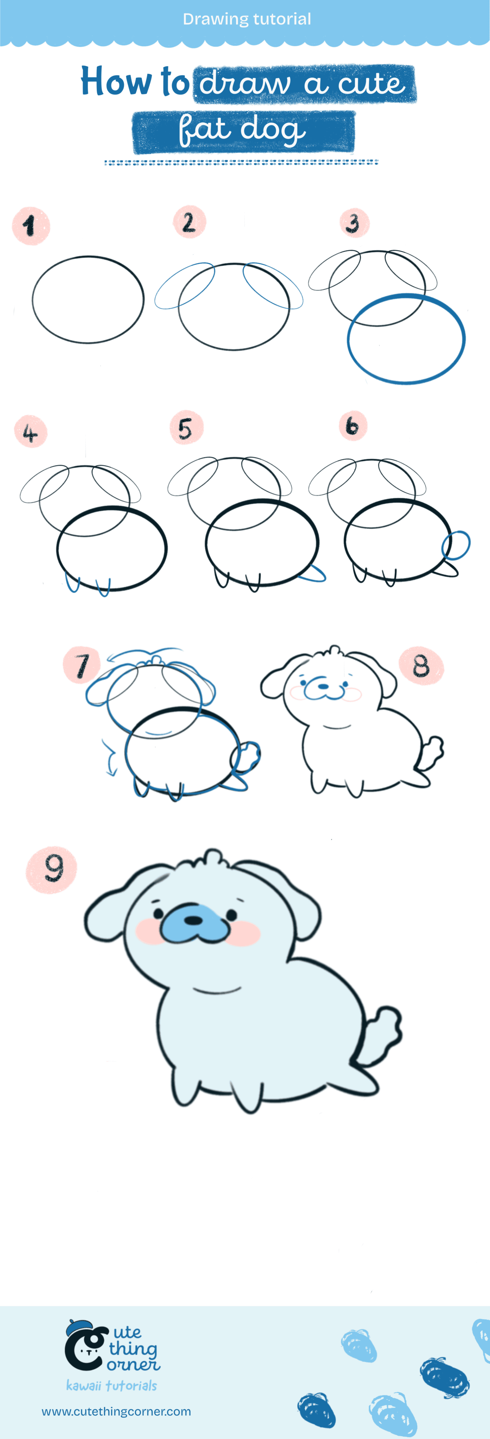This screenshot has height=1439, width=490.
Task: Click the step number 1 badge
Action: (31, 226)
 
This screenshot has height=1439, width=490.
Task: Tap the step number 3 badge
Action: (354, 223)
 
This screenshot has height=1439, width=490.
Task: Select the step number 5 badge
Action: (186, 428)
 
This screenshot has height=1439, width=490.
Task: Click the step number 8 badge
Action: (421, 665)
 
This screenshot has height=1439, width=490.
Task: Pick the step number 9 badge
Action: (51, 869)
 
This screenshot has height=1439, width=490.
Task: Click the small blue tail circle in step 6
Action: (456, 545)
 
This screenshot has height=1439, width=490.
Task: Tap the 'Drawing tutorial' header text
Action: (247, 19)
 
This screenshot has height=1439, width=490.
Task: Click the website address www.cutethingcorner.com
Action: (116, 1411)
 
